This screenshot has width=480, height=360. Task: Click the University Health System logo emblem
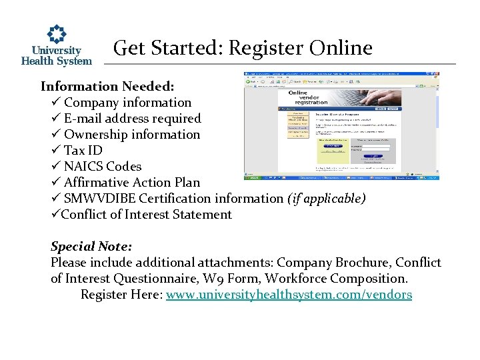tap(57, 34)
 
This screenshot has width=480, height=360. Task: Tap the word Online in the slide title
tap(341, 48)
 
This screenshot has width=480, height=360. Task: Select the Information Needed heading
tap(107, 87)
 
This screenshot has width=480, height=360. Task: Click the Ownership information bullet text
tap(131, 135)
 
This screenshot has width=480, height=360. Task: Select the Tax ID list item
tap(83, 151)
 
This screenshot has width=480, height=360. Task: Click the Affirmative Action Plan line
tap(131, 183)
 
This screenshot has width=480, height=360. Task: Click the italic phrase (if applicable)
tap(326, 199)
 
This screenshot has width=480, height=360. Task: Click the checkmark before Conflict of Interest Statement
tap(55, 215)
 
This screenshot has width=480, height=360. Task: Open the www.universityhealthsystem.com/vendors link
tap(289, 295)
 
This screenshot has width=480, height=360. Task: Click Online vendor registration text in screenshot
tap(307, 97)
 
